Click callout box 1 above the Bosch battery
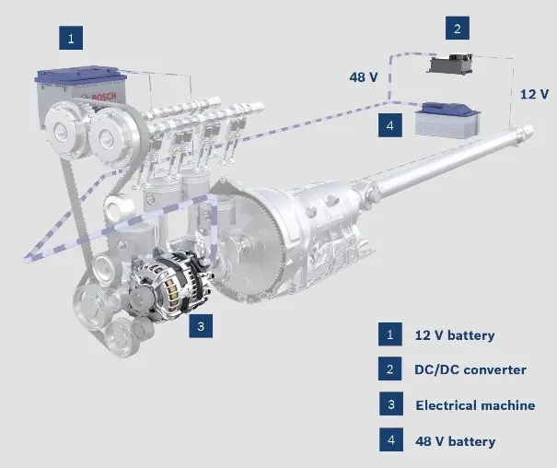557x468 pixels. click(71, 38)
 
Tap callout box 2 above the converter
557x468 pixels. click(458, 28)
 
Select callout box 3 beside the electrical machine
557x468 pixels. click(201, 326)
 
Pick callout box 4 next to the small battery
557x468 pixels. click(390, 125)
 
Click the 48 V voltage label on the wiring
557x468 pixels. click(364, 77)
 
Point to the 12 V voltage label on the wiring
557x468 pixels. click(534, 94)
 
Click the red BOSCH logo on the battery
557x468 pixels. click(104, 97)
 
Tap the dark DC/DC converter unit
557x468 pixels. click(451, 64)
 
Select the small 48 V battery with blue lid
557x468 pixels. click(448, 120)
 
